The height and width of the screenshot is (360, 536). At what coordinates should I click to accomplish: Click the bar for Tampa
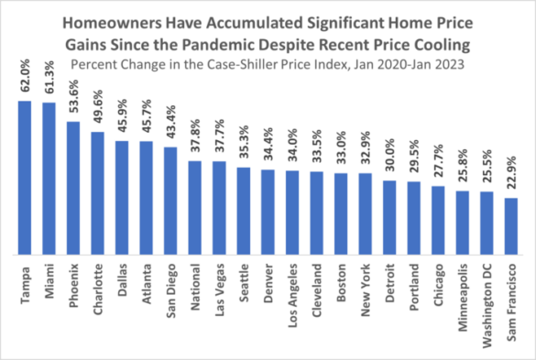(25, 178)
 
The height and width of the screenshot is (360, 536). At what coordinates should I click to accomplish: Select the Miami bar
(49, 179)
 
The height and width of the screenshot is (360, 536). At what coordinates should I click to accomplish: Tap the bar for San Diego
(170, 201)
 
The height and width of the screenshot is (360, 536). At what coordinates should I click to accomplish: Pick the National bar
(194, 208)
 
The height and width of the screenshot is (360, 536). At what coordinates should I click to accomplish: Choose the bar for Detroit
(388, 218)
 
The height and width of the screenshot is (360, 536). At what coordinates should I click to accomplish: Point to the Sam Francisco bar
(510, 226)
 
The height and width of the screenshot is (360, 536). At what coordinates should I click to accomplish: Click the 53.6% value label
(72, 99)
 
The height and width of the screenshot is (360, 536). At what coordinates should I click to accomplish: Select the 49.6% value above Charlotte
(97, 110)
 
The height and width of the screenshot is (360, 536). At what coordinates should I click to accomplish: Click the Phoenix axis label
(73, 287)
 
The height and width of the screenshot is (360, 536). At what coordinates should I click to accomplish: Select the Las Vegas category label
(219, 289)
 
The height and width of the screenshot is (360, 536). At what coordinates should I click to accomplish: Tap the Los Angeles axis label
(291, 293)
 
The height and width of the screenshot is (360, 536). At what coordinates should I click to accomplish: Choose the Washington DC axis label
(487, 302)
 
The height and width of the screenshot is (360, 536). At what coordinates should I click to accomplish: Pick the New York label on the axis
(365, 289)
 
